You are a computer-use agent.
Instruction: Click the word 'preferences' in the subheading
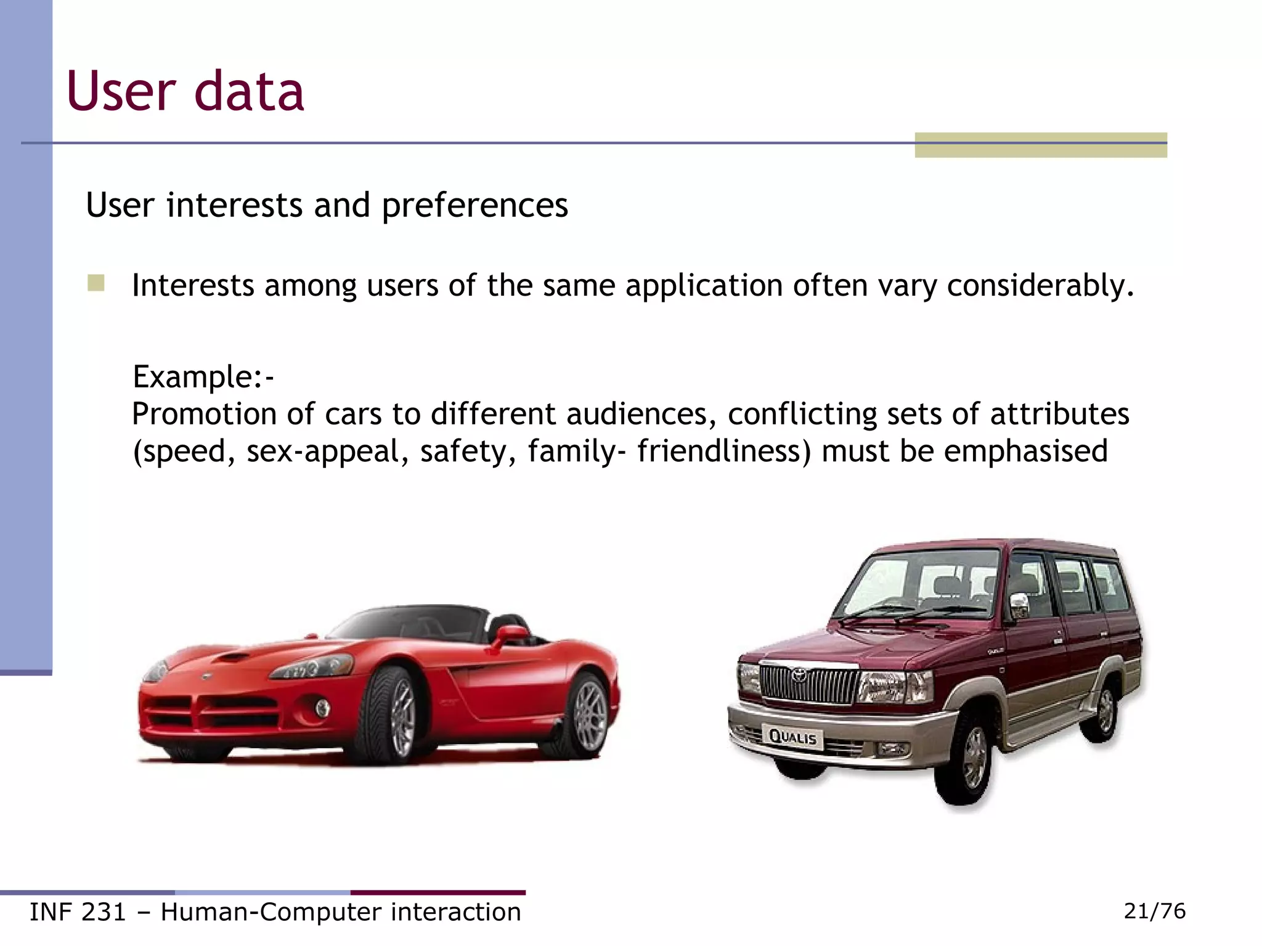click(474, 206)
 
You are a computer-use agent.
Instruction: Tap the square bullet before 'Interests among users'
click(96, 283)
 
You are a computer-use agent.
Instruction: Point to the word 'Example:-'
click(203, 376)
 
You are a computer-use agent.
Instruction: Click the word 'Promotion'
click(203, 414)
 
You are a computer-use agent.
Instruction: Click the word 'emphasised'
click(1025, 451)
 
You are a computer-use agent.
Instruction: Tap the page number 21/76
click(1154, 911)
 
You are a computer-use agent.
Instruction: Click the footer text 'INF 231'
click(78, 912)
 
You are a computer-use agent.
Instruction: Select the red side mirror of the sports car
click(511, 634)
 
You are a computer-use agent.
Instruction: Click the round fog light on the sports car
click(322, 708)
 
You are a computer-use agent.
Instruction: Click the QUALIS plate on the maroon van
click(793, 737)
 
